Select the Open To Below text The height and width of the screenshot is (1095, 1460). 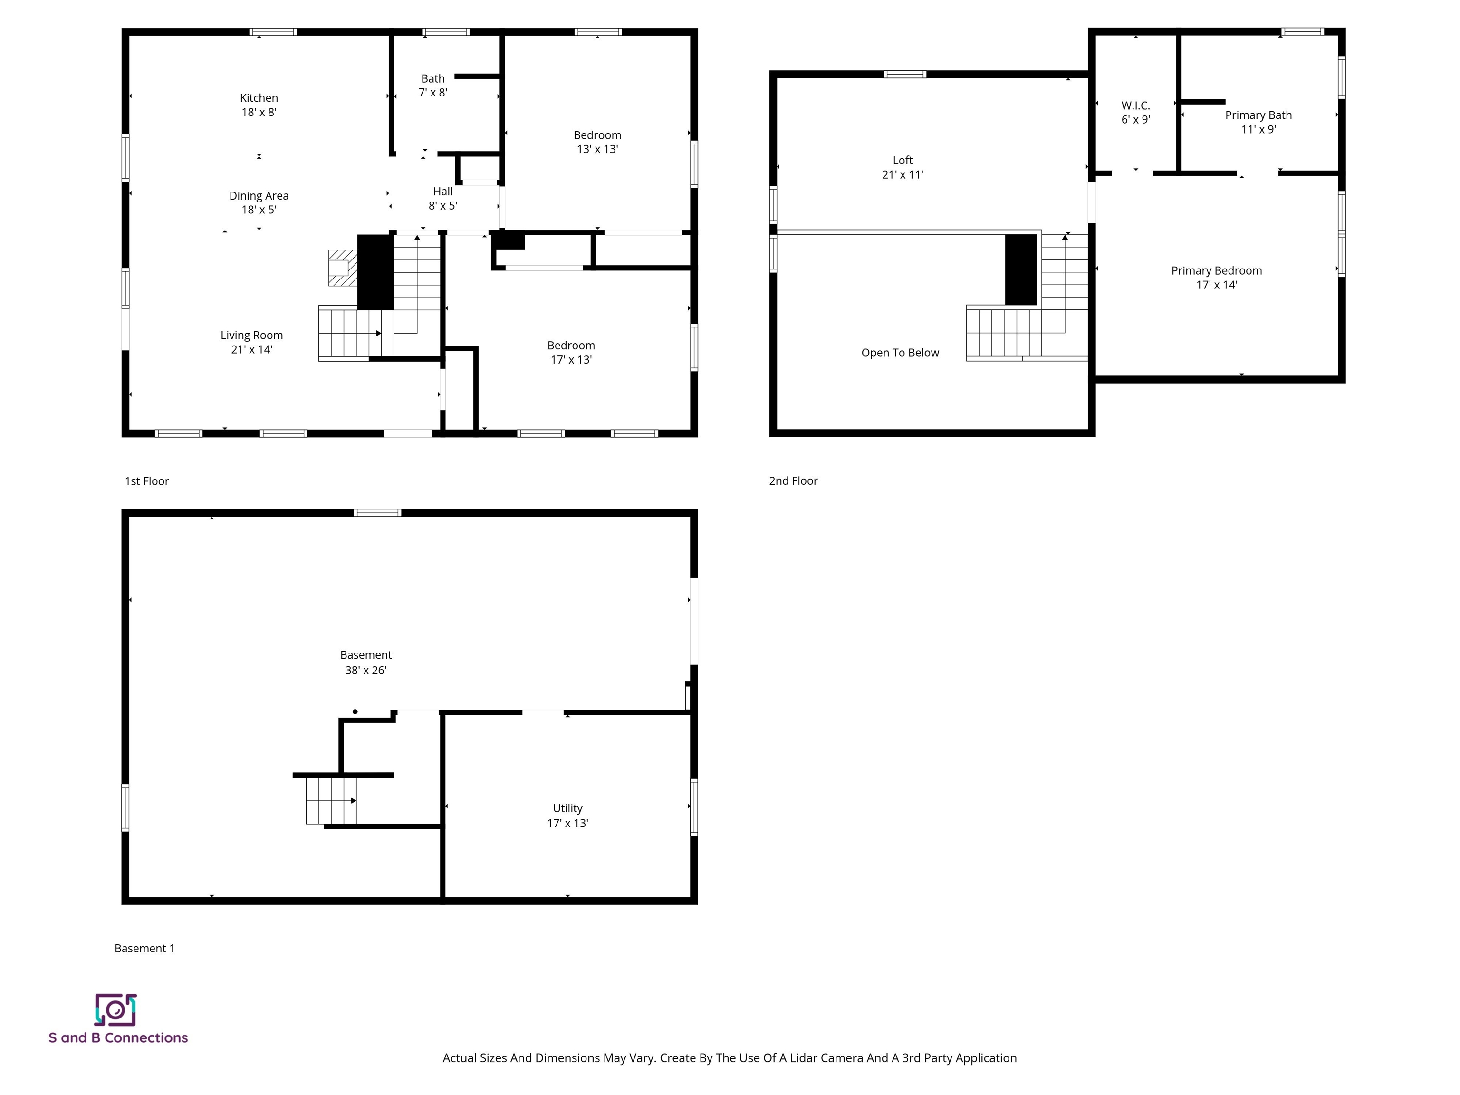[x=900, y=353]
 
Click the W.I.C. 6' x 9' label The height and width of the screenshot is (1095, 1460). [x=1135, y=113]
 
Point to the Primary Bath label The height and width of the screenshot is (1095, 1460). [x=1258, y=122]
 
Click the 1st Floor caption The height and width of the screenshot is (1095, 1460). [x=146, y=481]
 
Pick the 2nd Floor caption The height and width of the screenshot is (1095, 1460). [x=793, y=481]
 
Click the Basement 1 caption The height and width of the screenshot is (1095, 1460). [x=144, y=949]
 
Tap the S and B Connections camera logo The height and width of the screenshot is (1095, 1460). [x=115, y=1010]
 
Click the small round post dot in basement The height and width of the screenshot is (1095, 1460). [x=355, y=711]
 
